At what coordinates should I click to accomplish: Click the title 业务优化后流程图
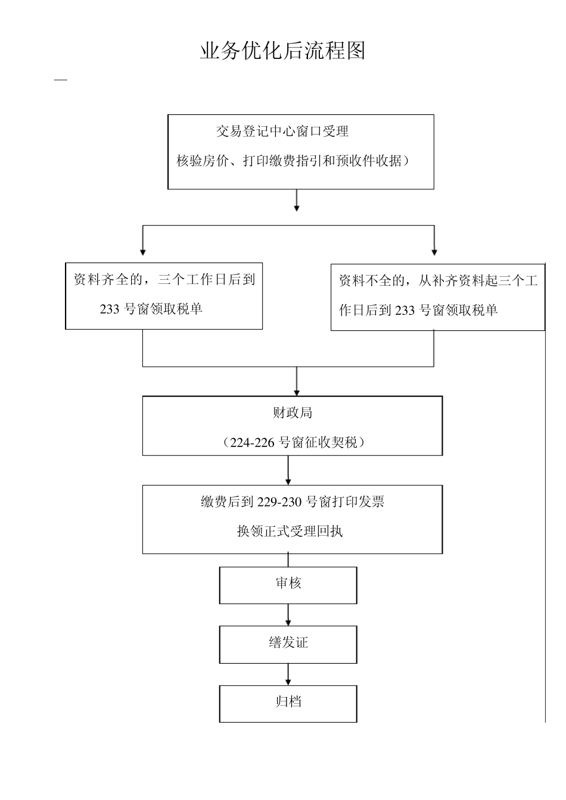tap(282, 51)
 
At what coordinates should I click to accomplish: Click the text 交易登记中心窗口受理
tap(282, 132)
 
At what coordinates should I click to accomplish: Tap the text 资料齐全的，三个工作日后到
tap(164, 279)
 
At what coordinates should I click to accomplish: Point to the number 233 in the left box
tap(110, 309)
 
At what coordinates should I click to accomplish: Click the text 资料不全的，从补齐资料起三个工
tap(438, 280)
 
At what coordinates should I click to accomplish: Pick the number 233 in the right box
tap(405, 310)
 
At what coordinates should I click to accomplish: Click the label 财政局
tap(292, 412)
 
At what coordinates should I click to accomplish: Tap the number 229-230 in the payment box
tap(280, 502)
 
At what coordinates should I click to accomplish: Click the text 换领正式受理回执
tap(290, 532)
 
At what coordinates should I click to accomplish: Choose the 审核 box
tap(288, 585)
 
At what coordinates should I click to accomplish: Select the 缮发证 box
tap(288, 643)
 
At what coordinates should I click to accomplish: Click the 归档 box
tap(288, 703)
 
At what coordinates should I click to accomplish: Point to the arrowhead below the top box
tap(297, 208)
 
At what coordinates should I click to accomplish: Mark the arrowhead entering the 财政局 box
tap(297, 392)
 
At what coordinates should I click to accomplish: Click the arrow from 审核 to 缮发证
tap(288, 615)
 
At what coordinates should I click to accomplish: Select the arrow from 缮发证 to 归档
tap(288, 674)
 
